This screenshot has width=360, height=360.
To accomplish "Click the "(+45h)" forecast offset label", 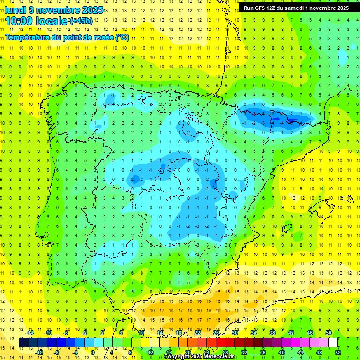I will pos(82,21).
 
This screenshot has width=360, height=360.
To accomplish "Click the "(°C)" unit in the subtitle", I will pos(122,37).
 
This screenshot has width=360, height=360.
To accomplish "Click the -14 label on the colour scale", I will pos(30,333).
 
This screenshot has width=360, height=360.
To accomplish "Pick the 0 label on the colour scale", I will pos(93,352).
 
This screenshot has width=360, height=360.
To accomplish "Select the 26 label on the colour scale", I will pos(216,333).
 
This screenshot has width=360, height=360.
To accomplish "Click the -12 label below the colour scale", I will pos(39,352).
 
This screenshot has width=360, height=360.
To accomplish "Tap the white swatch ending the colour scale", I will pos(333,343).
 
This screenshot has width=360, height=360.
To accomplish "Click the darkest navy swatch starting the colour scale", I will pos(23,343).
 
